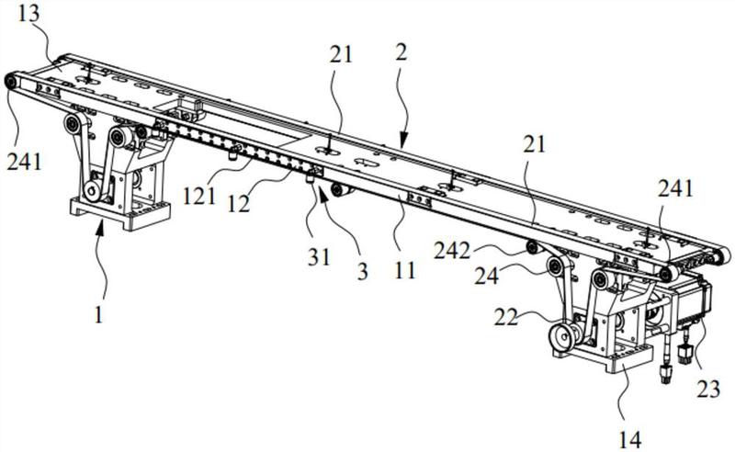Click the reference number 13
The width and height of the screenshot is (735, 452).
(x=28, y=15)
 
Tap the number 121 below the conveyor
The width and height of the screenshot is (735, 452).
(x=199, y=196)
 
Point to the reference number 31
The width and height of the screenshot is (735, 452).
(x=319, y=257)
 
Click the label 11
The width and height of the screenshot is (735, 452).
(x=404, y=270)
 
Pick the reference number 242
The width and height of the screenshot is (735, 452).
(x=452, y=252)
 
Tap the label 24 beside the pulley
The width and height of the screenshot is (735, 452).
(x=487, y=276)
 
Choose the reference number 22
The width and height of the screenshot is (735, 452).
(x=506, y=317)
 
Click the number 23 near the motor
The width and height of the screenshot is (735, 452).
(x=707, y=389)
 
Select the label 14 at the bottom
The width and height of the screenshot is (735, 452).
(x=629, y=440)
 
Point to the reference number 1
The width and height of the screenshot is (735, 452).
(x=97, y=315)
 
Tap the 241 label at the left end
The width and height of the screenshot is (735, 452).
(x=25, y=163)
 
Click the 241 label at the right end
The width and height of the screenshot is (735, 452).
(x=675, y=189)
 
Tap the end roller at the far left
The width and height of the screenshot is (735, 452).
(x=10, y=82)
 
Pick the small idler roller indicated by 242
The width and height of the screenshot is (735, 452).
(x=533, y=247)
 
